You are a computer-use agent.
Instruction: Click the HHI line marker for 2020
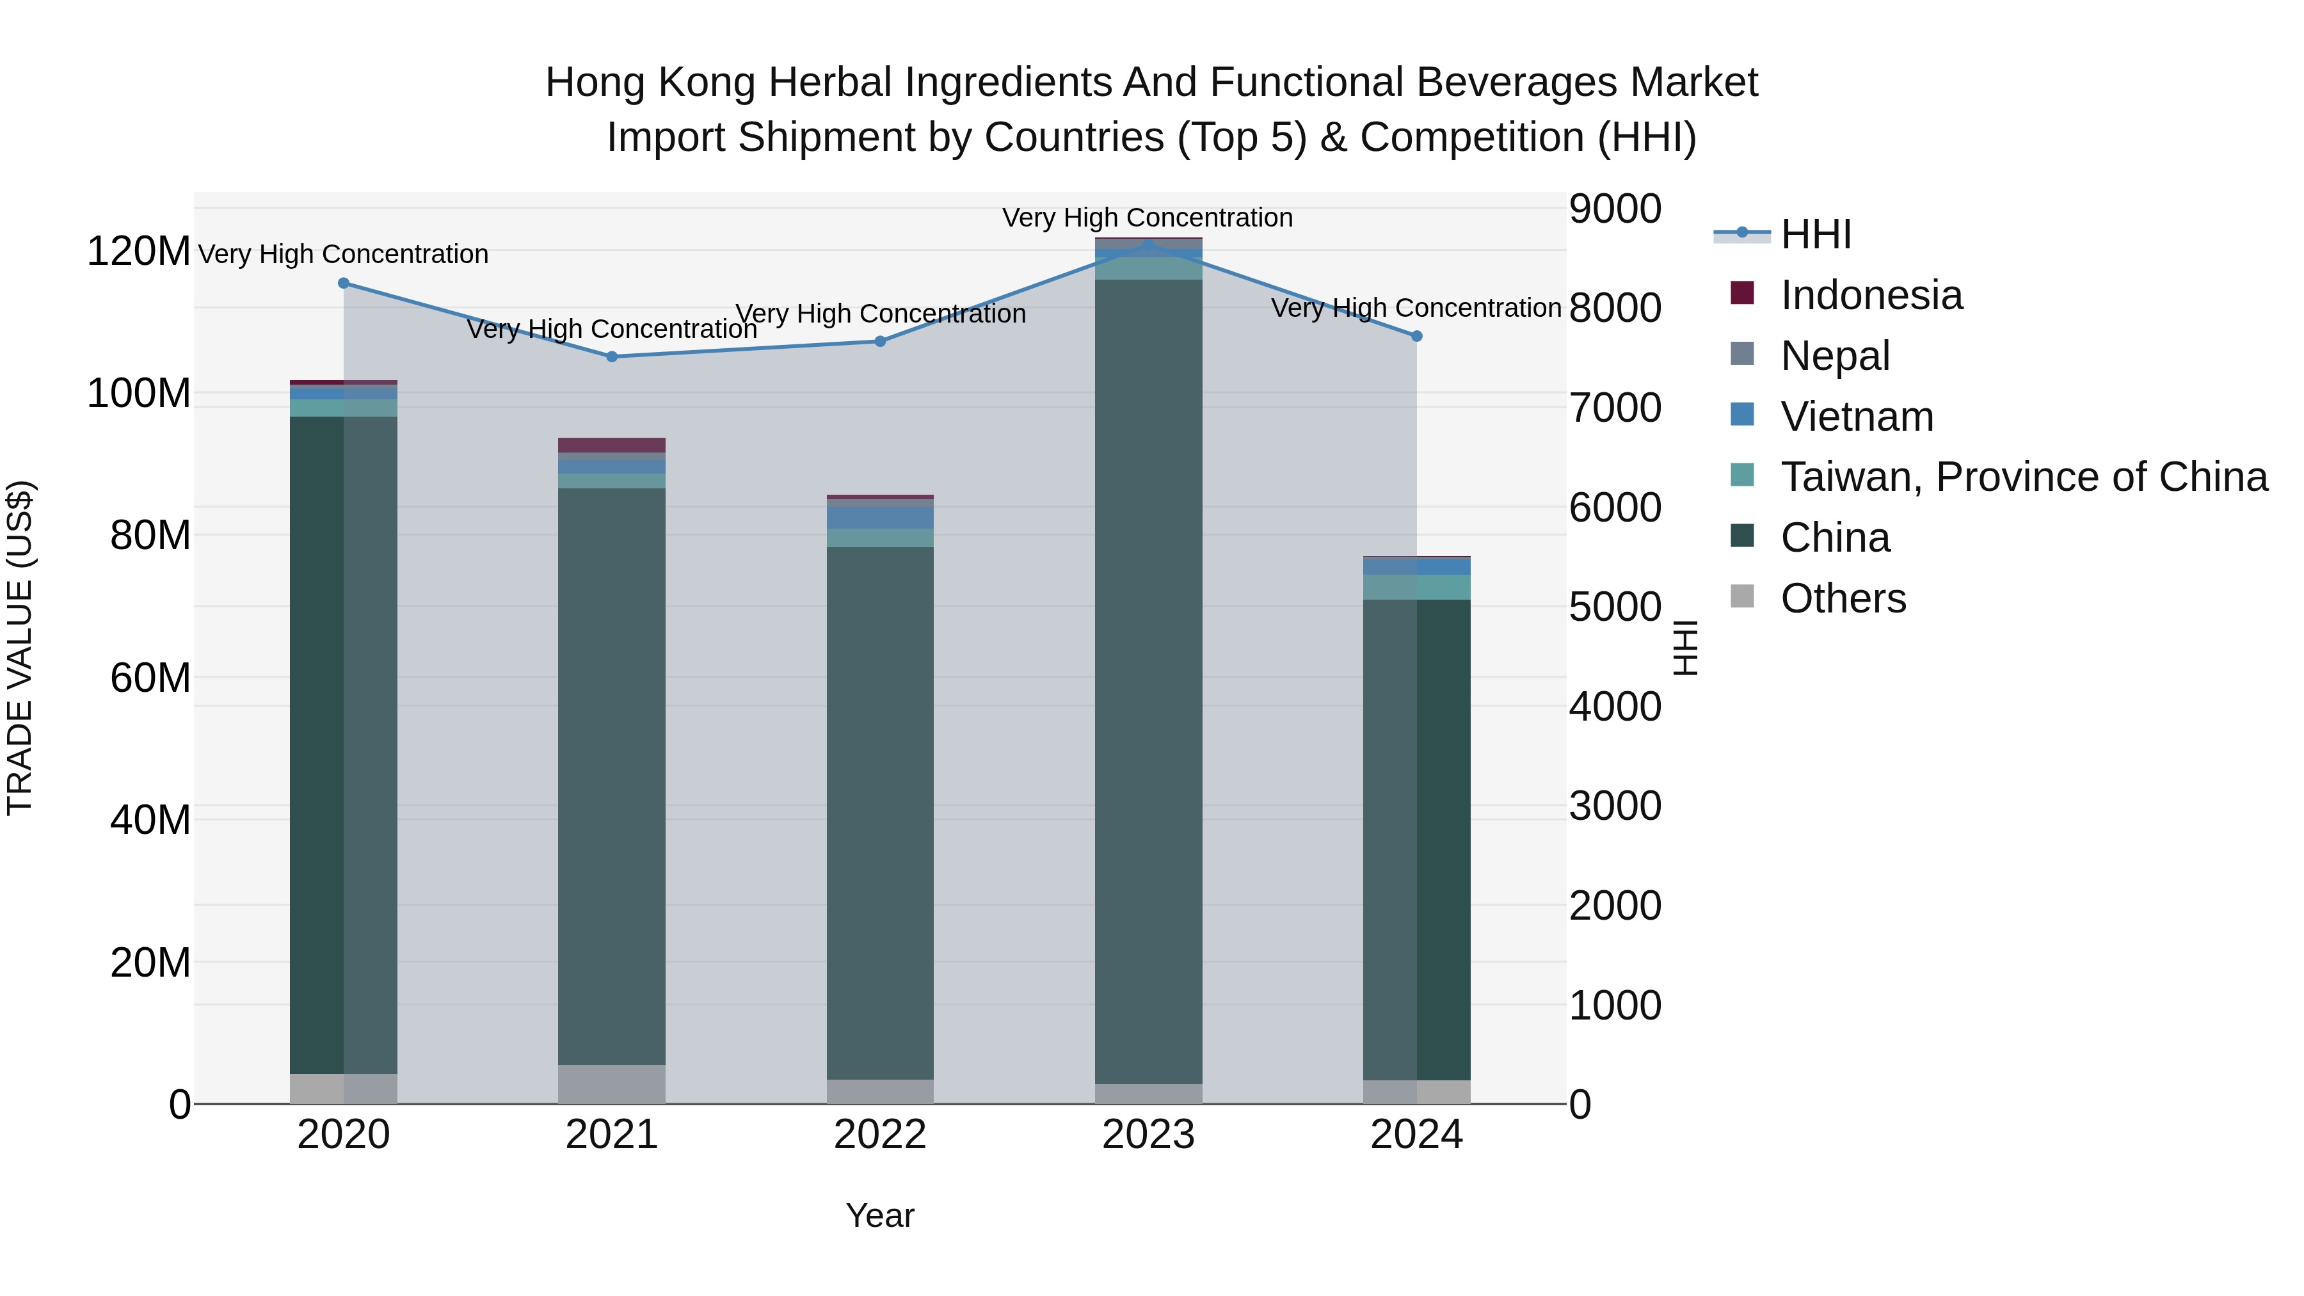(x=344, y=283)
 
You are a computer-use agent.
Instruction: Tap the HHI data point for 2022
(x=880, y=340)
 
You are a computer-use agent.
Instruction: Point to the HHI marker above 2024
(x=1417, y=336)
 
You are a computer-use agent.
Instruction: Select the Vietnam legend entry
(x=1856, y=417)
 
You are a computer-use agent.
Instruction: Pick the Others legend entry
(x=1843, y=598)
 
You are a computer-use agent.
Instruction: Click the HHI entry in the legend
(x=1815, y=234)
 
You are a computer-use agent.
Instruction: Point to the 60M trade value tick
(x=149, y=678)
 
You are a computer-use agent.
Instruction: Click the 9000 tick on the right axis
(x=1615, y=209)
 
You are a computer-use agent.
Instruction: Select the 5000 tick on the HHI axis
(x=1615, y=607)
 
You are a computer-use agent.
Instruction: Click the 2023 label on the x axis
(x=1148, y=1135)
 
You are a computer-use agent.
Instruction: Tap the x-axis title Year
(x=880, y=1215)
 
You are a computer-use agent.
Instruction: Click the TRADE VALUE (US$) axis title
(x=20, y=648)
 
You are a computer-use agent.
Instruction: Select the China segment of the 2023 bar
(x=1148, y=680)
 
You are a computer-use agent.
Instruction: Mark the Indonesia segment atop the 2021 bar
(x=612, y=445)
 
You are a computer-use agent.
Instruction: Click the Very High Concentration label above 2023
(x=1148, y=218)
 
